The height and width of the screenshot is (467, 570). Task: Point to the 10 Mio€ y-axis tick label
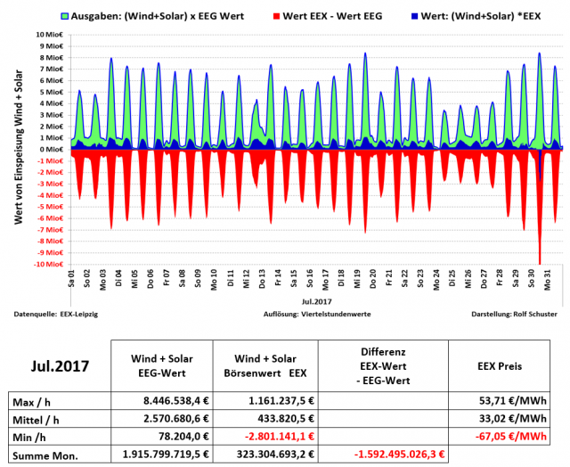51,35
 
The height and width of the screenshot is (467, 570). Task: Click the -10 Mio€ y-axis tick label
49,265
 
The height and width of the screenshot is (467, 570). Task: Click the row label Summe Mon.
45,455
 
